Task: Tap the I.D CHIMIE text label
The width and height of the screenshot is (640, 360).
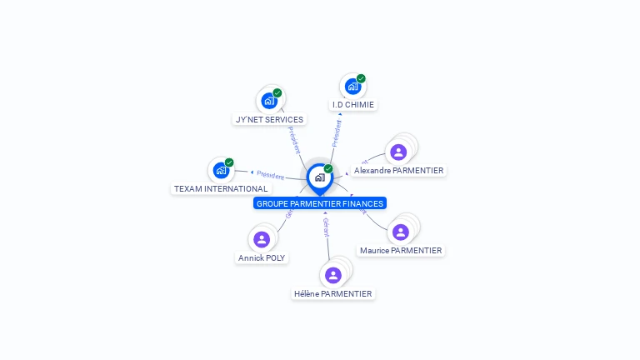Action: coord(353,105)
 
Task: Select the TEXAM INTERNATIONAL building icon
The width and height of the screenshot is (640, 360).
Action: coord(221,170)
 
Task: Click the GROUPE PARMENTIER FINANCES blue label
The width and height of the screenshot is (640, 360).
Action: coord(320,203)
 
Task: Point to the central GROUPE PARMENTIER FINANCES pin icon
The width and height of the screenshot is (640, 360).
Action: coord(319,177)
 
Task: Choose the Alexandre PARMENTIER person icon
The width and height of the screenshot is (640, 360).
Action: coord(398,152)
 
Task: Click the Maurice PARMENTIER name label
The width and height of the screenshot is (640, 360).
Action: coord(401,250)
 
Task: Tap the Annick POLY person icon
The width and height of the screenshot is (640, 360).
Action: coord(262,240)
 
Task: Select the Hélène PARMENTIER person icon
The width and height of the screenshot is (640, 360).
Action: coord(333,275)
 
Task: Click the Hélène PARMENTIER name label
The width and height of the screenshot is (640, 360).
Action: coord(333,293)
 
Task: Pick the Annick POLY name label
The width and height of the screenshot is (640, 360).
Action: coord(262,258)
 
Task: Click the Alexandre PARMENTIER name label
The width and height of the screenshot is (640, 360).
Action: coord(398,170)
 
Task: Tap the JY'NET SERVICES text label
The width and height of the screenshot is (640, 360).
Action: coord(269,119)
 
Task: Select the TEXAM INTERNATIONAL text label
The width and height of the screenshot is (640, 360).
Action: coord(221,189)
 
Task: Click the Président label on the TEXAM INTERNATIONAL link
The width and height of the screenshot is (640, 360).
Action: coord(270,175)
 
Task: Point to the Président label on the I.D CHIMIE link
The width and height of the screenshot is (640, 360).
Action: coord(337,133)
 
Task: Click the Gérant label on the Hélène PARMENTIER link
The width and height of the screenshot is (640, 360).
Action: coord(326,227)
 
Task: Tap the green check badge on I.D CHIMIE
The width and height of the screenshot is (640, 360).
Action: coord(361,78)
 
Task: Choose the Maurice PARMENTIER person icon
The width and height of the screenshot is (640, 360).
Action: coord(401,232)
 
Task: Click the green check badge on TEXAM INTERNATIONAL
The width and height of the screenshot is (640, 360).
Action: coord(229,162)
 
